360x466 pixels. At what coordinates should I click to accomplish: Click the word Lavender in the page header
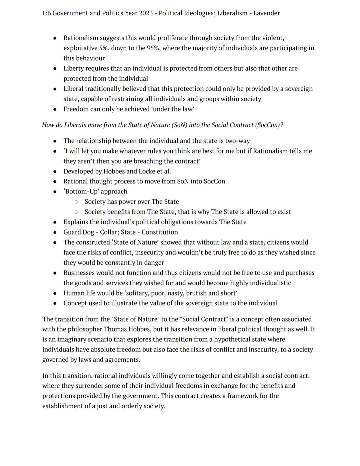(x=266, y=13)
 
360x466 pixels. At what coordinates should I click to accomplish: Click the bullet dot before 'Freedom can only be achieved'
(x=55, y=109)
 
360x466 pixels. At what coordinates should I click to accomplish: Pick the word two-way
(x=237, y=141)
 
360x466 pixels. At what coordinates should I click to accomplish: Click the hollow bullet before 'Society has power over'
(x=76, y=202)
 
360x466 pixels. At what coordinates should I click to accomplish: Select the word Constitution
(x=160, y=232)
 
